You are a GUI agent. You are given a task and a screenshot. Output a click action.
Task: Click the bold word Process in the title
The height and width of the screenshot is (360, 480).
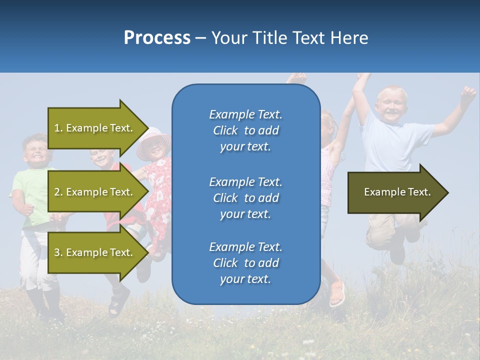pyautogui.click(x=157, y=38)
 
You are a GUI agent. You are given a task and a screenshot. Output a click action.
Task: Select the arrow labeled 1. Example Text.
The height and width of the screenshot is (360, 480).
pyautogui.click(x=95, y=128)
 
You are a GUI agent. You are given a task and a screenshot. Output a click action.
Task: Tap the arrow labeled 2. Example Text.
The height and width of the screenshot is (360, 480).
pyautogui.click(x=95, y=192)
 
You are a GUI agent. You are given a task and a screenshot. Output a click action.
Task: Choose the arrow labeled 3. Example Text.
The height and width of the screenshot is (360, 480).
pyautogui.click(x=95, y=252)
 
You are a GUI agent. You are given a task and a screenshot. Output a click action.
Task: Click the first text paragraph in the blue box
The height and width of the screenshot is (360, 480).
pyautogui.click(x=245, y=130)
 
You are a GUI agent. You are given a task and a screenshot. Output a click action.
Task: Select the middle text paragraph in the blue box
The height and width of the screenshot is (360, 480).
pyautogui.click(x=245, y=198)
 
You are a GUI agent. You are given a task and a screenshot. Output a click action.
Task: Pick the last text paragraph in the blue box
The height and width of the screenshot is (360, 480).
pyautogui.click(x=245, y=263)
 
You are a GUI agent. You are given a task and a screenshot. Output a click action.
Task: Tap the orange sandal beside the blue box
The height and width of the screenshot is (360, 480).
pyautogui.click(x=337, y=292)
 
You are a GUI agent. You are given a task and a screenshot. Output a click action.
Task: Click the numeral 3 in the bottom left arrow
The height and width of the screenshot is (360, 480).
pyautogui.click(x=57, y=252)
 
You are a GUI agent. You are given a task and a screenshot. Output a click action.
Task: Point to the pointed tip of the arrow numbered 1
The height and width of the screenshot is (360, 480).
pyautogui.click(x=147, y=128)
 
